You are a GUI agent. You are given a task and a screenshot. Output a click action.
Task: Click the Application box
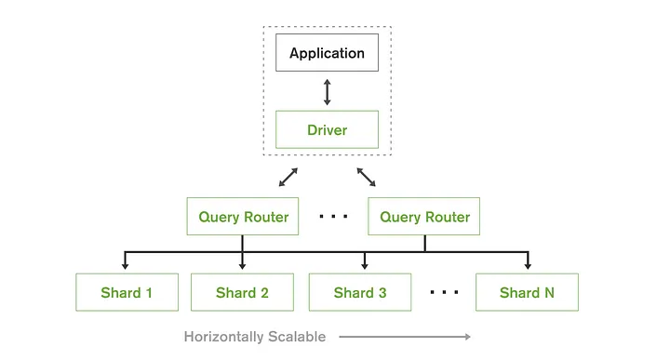(x=327, y=53)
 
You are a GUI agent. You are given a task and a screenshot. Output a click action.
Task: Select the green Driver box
(x=327, y=129)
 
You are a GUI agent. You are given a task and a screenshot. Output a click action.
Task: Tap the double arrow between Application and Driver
(x=327, y=91)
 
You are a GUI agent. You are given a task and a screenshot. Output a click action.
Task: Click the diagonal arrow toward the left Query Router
(x=288, y=178)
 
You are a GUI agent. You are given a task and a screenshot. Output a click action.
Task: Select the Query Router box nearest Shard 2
(x=243, y=217)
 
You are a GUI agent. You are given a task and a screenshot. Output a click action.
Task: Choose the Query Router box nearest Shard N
(x=424, y=217)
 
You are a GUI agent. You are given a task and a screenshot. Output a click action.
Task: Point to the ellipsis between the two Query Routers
(x=333, y=217)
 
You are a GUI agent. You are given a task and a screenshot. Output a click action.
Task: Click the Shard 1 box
(x=127, y=292)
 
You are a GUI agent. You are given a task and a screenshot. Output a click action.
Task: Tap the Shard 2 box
(x=242, y=292)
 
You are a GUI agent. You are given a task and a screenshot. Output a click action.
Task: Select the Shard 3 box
(x=360, y=292)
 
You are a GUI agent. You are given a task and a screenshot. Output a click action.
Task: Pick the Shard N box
(x=527, y=292)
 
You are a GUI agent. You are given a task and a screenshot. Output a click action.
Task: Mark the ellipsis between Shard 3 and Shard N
(x=445, y=292)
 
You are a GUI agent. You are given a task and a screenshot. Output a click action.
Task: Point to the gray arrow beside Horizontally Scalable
(x=405, y=337)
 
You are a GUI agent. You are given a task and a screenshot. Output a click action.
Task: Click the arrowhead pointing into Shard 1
(x=127, y=267)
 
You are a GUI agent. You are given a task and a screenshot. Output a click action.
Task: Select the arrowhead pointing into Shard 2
(x=242, y=267)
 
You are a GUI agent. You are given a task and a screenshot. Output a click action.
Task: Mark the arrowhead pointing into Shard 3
(x=364, y=267)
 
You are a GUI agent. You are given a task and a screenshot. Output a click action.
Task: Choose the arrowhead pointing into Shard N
(x=527, y=267)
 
